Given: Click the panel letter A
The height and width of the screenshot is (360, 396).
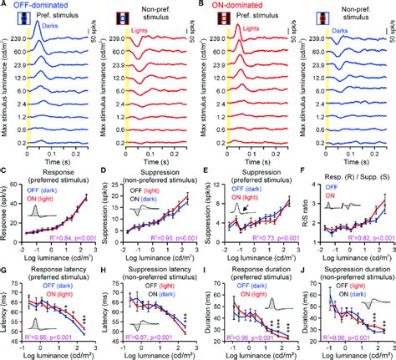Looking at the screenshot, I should pos(4,5).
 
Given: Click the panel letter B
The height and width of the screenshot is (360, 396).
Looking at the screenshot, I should pos(201,5).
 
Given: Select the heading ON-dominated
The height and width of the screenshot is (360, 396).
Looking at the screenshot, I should pos(236,6).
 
